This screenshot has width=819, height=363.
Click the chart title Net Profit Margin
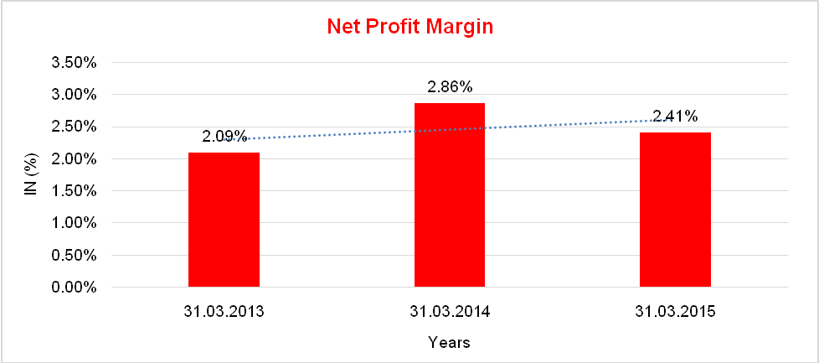pyautogui.click(x=409, y=27)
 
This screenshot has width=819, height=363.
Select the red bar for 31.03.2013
pyautogui.click(x=224, y=220)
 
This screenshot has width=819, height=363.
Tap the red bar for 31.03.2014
pyautogui.click(x=450, y=195)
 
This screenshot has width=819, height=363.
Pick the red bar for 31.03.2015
pyautogui.click(x=675, y=210)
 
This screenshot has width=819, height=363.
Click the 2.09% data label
pyautogui.click(x=224, y=136)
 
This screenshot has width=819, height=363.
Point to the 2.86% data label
pyautogui.click(x=450, y=86)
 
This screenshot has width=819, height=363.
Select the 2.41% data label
pyautogui.click(x=675, y=116)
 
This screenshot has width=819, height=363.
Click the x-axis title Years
pyautogui.click(x=449, y=342)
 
